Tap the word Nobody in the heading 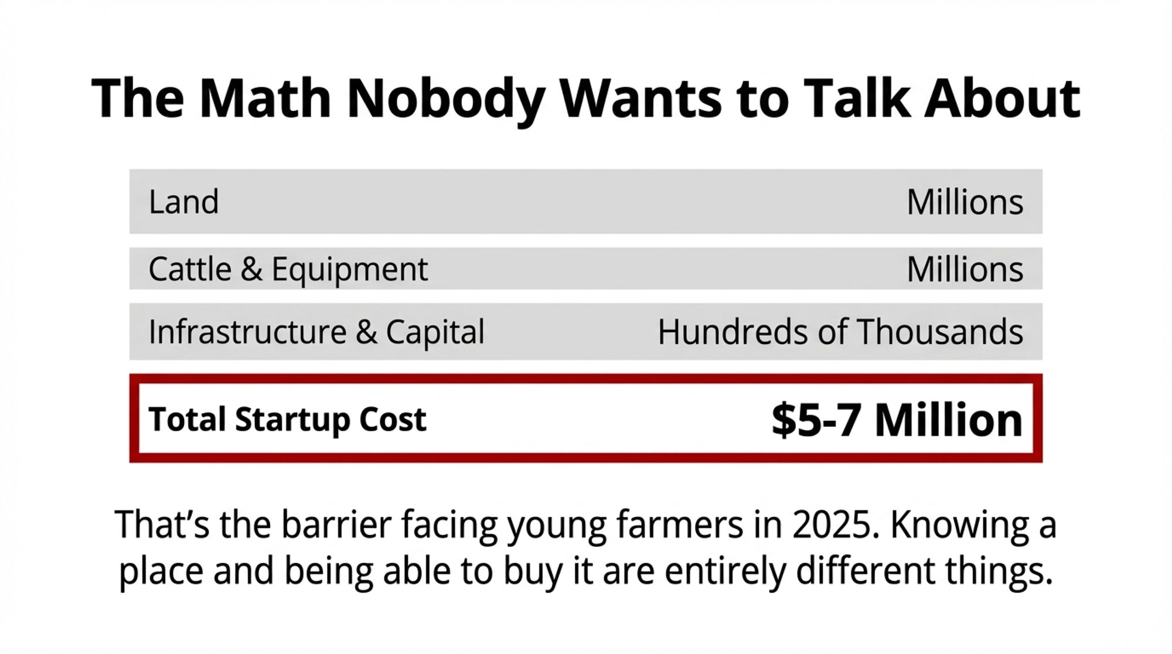(445, 98)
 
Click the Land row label (183, 202)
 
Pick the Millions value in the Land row (965, 202)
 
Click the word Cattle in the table (190, 270)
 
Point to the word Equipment (349, 270)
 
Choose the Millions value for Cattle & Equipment (965, 270)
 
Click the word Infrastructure (247, 332)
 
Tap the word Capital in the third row (435, 332)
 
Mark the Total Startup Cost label (287, 420)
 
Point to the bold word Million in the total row (948, 420)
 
